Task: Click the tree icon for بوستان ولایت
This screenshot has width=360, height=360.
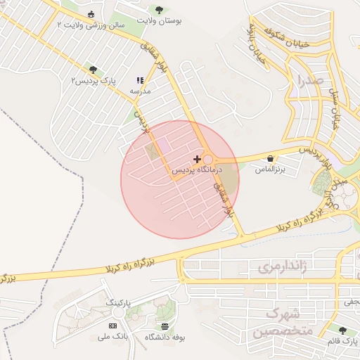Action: (x=160, y=10)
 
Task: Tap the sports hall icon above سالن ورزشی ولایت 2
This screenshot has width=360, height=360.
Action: (x=91, y=15)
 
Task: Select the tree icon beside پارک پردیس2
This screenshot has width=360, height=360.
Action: (x=93, y=70)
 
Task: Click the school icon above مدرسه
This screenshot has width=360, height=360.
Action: (x=140, y=81)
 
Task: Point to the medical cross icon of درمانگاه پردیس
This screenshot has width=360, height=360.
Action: (x=197, y=160)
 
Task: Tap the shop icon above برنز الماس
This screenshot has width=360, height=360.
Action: (x=271, y=159)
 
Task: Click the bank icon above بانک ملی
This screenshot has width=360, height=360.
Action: (x=112, y=326)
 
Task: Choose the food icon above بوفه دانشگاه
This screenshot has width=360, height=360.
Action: (x=165, y=326)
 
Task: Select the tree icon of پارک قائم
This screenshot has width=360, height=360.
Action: (x=342, y=330)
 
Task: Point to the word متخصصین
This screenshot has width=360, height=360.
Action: (x=278, y=331)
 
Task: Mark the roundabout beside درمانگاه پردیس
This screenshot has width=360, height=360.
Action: (x=208, y=160)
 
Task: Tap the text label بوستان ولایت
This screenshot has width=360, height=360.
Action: (x=161, y=22)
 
